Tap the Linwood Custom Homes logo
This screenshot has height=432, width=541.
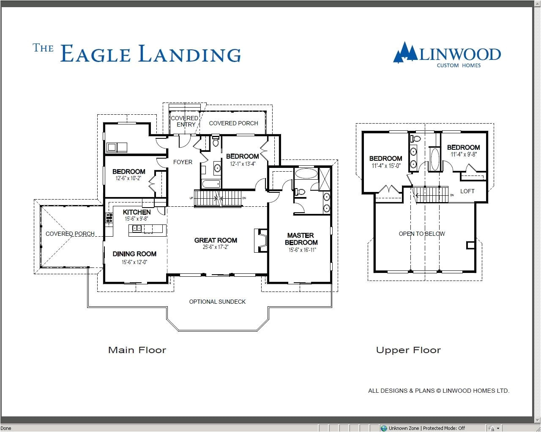point(447,55)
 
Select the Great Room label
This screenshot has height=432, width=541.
point(216,240)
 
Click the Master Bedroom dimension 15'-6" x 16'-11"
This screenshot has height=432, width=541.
point(302,250)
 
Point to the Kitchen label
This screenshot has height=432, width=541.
point(137,212)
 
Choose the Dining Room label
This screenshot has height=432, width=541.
point(134,254)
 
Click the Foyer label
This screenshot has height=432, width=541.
point(183,162)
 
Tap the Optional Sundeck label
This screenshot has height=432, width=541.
point(217,302)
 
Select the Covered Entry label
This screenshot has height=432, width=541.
point(185,121)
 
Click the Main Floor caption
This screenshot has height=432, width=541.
point(137,350)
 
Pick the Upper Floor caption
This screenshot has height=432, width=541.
point(408,350)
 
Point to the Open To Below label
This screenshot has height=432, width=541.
point(422,234)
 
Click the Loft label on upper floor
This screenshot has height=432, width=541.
point(467,191)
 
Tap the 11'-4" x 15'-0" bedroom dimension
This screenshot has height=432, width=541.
point(385,166)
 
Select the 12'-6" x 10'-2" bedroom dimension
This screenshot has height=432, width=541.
point(128,178)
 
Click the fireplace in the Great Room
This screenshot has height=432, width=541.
point(260,240)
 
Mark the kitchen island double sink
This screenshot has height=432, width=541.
point(137,229)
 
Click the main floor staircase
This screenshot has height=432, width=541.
point(218,197)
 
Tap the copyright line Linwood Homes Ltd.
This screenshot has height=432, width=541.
point(438,391)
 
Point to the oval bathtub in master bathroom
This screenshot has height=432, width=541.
point(306,173)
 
